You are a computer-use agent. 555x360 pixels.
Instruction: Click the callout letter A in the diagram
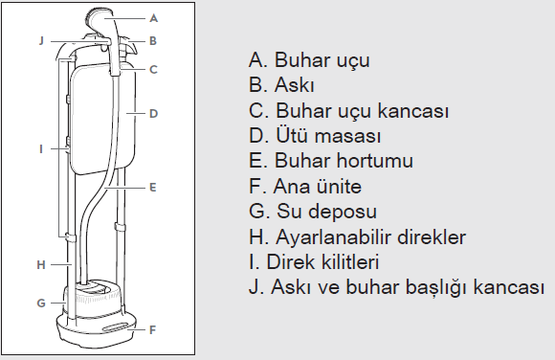point(153,18)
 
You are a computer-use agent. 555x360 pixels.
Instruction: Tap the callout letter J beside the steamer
point(41,40)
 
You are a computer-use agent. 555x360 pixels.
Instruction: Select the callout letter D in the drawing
point(153,114)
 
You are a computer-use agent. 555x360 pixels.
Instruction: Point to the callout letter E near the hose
point(152,187)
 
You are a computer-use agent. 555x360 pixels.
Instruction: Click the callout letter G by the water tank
point(41,303)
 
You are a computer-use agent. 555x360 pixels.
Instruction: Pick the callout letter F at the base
point(152,330)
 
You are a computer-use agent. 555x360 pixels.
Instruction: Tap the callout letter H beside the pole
point(41,264)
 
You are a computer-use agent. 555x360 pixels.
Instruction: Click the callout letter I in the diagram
point(41,148)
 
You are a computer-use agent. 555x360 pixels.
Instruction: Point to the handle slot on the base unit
point(116,327)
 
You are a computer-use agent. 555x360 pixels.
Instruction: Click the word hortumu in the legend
point(374,161)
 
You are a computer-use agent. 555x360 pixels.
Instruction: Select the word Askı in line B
point(294,85)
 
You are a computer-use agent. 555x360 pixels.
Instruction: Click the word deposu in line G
point(344,213)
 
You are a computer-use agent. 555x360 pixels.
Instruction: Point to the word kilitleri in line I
point(350,261)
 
